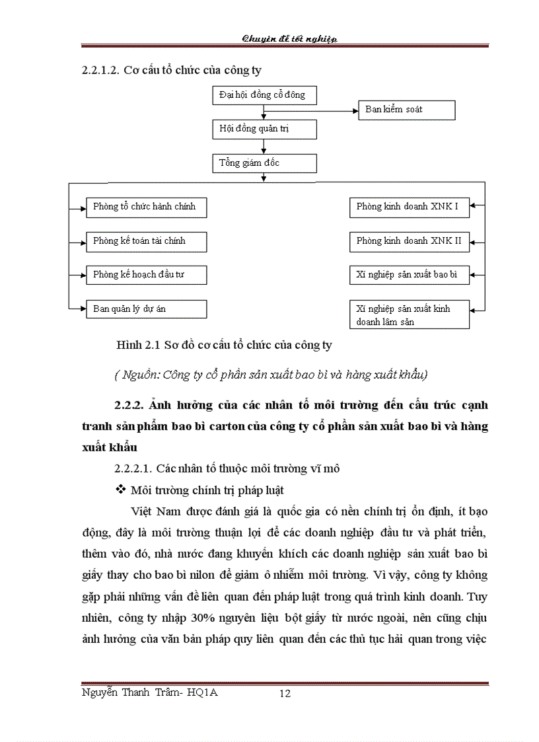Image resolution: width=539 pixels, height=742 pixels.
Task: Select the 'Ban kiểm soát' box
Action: click(x=407, y=110)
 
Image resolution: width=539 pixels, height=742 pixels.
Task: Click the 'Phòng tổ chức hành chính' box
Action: click(x=146, y=207)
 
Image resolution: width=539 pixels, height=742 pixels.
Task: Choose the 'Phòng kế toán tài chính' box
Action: click(x=146, y=241)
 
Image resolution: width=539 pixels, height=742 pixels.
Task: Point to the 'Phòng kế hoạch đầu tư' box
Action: click(x=146, y=275)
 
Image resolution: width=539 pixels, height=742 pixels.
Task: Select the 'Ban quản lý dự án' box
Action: click(x=146, y=309)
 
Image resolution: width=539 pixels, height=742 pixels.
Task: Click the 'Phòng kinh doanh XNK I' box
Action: click(x=409, y=207)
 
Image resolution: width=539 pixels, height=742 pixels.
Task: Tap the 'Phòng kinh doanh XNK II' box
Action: click(x=409, y=241)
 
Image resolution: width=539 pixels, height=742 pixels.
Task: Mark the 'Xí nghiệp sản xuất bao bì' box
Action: click(x=409, y=275)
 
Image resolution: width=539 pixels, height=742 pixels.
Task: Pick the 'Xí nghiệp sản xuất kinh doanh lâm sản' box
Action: click(x=409, y=315)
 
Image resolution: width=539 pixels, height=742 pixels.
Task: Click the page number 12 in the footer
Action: click(x=285, y=693)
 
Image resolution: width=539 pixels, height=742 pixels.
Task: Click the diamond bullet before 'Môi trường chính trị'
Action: click(x=121, y=490)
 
